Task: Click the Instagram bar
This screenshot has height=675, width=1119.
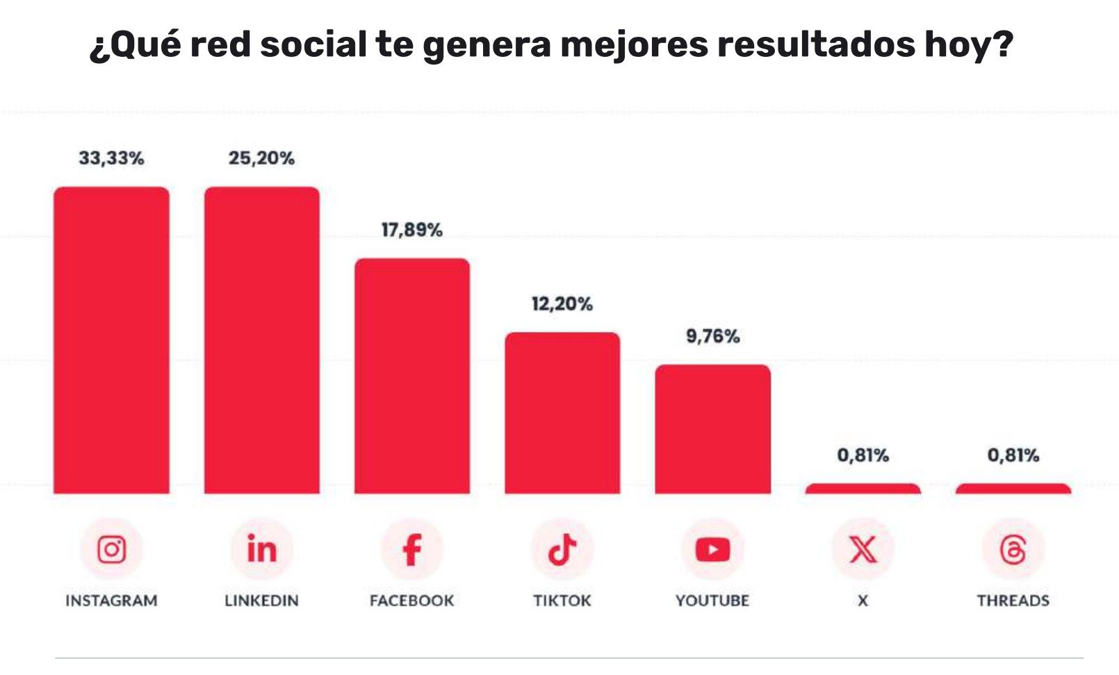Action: (111, 340)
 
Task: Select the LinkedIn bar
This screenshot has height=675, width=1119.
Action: (262, 340)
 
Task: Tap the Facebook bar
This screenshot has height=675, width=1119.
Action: (412, 376)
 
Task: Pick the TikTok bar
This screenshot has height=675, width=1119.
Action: (562, 413)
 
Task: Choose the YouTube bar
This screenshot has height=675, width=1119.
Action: (712, 429)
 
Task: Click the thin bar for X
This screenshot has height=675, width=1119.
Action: (863, 489)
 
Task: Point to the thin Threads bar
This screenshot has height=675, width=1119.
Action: (1013, 489)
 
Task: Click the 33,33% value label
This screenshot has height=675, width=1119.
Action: (111, 158)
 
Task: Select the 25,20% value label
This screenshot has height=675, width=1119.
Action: (262, 158)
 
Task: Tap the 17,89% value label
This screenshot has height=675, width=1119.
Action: (412, 230)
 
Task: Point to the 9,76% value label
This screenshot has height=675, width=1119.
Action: (712, 336)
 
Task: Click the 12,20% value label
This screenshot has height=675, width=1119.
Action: (562, 304)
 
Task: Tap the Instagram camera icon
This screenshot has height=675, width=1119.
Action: (111, 549)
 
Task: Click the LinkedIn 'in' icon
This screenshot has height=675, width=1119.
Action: (262, 549)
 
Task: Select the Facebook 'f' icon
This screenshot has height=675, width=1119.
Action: (412, 549)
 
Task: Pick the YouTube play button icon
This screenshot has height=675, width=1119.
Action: (712, 549)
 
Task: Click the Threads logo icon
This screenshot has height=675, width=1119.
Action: (1013, 549)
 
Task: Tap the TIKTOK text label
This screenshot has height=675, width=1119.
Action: (562, 601)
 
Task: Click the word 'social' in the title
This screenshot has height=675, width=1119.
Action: (313, 45)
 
